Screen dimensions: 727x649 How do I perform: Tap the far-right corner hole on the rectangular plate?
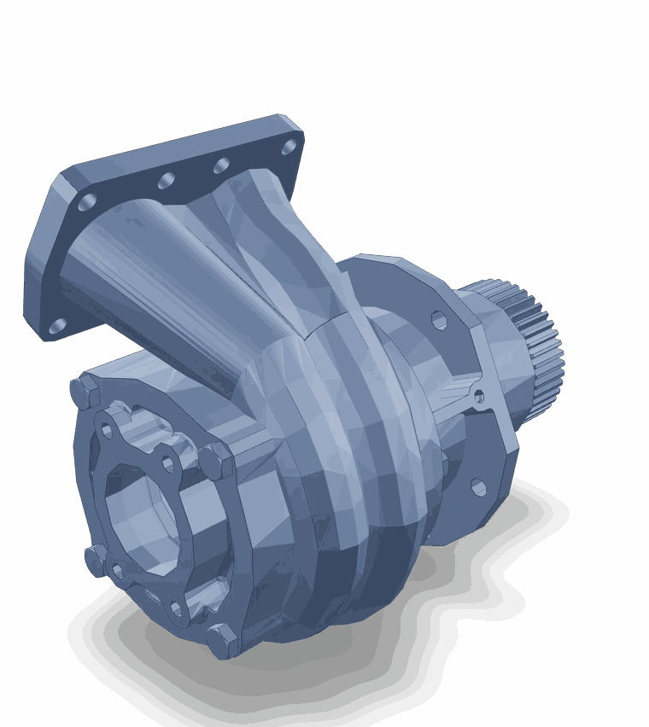(289, 147)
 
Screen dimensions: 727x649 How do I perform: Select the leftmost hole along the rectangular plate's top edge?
(87, 202)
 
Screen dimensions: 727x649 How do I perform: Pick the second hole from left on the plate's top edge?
(167, 181)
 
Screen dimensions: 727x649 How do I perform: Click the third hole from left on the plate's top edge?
(222, 166)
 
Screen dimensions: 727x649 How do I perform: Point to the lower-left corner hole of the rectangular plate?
(57, 326)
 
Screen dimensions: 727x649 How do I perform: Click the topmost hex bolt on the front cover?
(86, 392)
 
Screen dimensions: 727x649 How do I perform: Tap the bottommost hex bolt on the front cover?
(222, 640)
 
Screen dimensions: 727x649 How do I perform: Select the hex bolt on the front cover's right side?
(216, 461)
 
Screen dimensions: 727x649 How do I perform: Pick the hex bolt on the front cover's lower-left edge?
(96, 560)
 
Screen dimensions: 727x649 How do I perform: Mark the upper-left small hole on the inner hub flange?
(107, 430)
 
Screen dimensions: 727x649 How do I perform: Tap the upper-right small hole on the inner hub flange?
(168, 464)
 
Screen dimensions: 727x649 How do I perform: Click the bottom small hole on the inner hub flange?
(176, 608)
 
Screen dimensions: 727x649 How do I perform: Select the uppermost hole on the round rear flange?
(439, 321)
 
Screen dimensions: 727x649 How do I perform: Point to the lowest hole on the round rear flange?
(478, 487)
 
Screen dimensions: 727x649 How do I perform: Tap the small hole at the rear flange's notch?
(478, 396)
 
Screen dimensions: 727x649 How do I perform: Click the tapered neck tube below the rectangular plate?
(171, 282)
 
